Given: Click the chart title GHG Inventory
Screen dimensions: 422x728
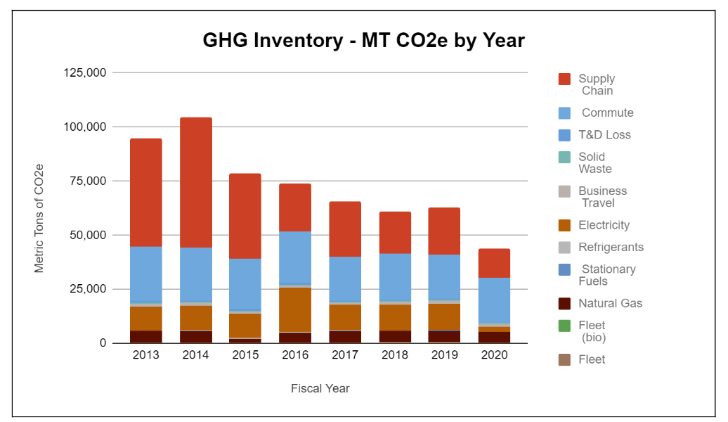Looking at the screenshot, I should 363,40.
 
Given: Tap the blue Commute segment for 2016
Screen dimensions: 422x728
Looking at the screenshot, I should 295,257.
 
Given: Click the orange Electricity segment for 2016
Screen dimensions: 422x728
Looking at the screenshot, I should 295,309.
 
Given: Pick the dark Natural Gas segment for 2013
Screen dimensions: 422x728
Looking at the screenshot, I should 145,336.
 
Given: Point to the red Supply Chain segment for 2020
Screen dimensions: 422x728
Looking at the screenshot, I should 495,263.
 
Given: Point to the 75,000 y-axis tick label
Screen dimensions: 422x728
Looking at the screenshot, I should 86,181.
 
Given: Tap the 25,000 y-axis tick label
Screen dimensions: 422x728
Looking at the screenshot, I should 86,289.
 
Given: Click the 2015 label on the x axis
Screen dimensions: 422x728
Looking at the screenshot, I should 245,355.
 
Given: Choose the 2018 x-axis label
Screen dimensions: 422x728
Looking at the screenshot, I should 395,355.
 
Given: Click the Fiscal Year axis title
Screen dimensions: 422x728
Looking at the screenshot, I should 320,388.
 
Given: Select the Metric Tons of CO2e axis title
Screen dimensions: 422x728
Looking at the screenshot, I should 39,218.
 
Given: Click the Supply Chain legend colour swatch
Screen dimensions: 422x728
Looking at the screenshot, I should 564,79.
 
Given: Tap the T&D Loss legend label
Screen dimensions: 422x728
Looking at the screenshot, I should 604,134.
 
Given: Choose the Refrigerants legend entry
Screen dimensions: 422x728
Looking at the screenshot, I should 611,247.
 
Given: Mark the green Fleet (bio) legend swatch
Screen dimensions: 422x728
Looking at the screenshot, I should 564,326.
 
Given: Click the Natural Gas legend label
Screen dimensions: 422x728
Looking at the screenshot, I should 610,303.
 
